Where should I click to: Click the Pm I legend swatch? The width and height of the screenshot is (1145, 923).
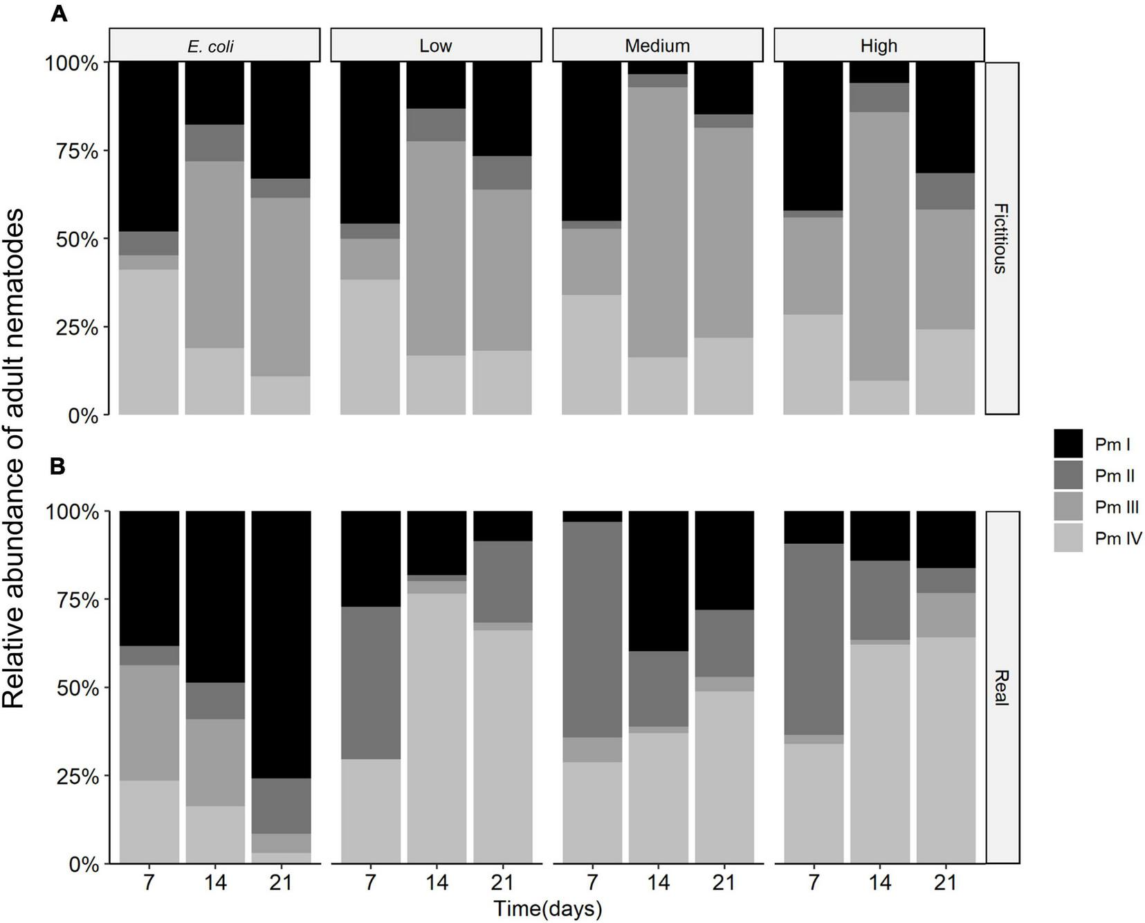point(1068,444)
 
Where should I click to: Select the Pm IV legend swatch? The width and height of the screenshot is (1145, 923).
point(1068,538)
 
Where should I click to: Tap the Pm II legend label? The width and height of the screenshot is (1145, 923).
point(1114,475)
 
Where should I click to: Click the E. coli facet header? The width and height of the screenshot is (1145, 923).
point(214,46)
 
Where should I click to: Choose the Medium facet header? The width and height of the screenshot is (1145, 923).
point(657,46)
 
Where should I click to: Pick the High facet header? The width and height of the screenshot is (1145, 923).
point(879,46)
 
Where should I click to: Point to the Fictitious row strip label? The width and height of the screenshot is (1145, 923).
point(1001,239)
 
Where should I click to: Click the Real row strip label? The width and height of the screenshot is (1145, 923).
point(1001,688)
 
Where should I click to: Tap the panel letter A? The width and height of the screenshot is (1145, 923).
point(59,14)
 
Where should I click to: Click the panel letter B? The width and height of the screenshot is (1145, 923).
point(57,466)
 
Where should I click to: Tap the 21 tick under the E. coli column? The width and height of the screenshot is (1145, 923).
point(280,883)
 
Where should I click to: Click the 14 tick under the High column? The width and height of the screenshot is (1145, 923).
point(879,883)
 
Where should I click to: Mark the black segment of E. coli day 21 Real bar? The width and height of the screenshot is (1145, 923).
point(281,643)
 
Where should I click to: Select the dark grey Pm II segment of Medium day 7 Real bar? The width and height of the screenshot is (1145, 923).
point(592,629)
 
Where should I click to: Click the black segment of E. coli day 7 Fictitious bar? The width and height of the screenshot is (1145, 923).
point(149,146)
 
